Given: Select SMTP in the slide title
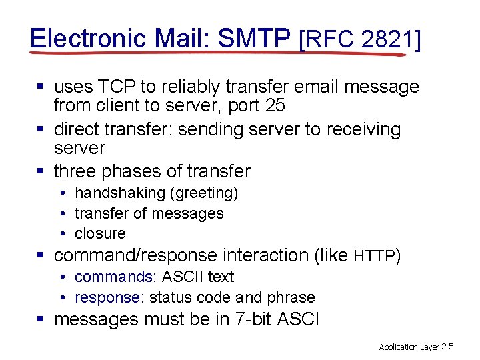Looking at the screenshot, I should point(255,38).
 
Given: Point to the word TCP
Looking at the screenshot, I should point(119,87).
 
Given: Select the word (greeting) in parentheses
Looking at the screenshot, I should point(203,193).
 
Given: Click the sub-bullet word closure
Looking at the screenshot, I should point(100,233).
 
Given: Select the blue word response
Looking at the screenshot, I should point(107,297).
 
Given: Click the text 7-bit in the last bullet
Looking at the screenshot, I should point(260,319).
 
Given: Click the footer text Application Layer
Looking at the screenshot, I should point(408,347).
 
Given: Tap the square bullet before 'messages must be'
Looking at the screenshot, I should point(41,319).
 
